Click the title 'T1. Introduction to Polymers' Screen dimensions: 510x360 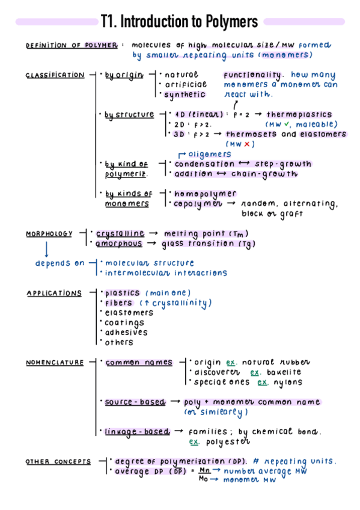click(180, 22)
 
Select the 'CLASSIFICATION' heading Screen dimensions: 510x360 click(55, 75)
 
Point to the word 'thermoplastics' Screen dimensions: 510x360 click(299, 114)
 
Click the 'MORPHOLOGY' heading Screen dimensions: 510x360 click(49, 234)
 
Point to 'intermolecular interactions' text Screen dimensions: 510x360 click(166, 273)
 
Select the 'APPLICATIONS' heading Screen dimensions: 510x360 click(53, 293)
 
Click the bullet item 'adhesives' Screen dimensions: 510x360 click(126, 333)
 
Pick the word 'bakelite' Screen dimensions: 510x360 click(282, 372)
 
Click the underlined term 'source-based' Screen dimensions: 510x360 click(135, 402)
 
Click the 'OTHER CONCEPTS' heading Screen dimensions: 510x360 click(58, 462)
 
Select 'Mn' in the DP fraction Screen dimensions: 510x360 click(204, 471)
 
